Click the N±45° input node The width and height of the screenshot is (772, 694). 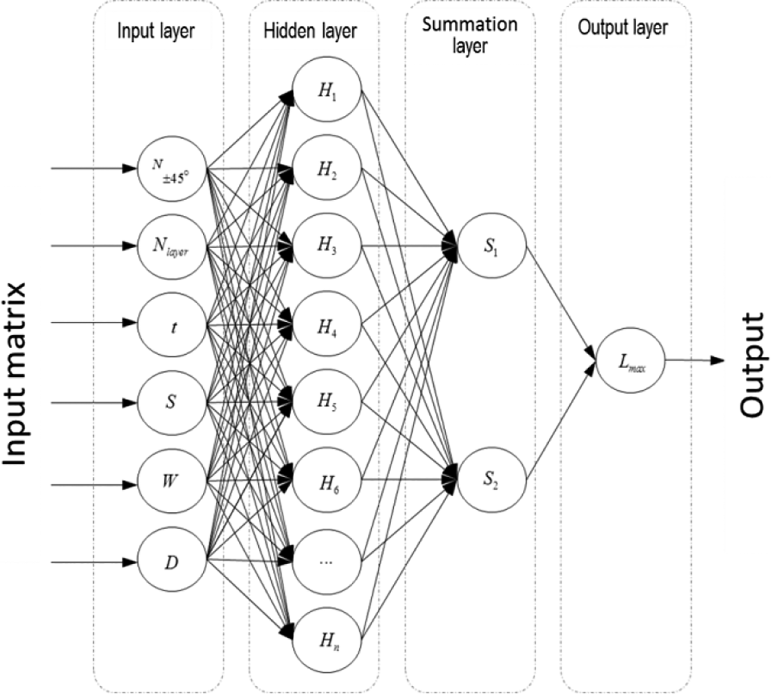pyautogui.click(x=171, y=168)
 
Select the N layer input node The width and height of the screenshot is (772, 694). pyautogui.click(x=171, y=246)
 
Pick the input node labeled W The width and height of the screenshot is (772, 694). pyautogui.click(x=171, y=481)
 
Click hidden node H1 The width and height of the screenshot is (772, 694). pyautogui.click(x=327, y=90)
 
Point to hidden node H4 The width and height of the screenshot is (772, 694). pyautogui.click(x=327, y=324)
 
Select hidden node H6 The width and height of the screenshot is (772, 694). pyautogui.click(x=327, y=481)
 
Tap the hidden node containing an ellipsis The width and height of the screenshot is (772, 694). pyautogui.click(x=327, y=561)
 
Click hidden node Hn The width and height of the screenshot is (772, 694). pyautogui.click(x=327, y=640)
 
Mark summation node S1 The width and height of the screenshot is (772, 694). pyautogui.click(x=492, y=246)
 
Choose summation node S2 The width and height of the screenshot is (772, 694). pyautogui.click(x=492, y=480)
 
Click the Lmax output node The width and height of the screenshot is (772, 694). pyautogui.click(x=630, y=360)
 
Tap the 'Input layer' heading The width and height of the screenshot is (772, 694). pyautogui.click(x=156, y=31)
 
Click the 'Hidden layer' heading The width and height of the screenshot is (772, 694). pyautogui.click(x=310, y=31)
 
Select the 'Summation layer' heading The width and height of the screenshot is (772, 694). pyautogui.click(x=470, y=36)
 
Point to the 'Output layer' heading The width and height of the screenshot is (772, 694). pyautogui.click(x=623, y=28)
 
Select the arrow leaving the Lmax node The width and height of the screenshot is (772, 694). pyautogui.click(x=695, y=360)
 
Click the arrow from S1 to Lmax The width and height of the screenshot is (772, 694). pyautogui.click(x=561, y=303)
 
